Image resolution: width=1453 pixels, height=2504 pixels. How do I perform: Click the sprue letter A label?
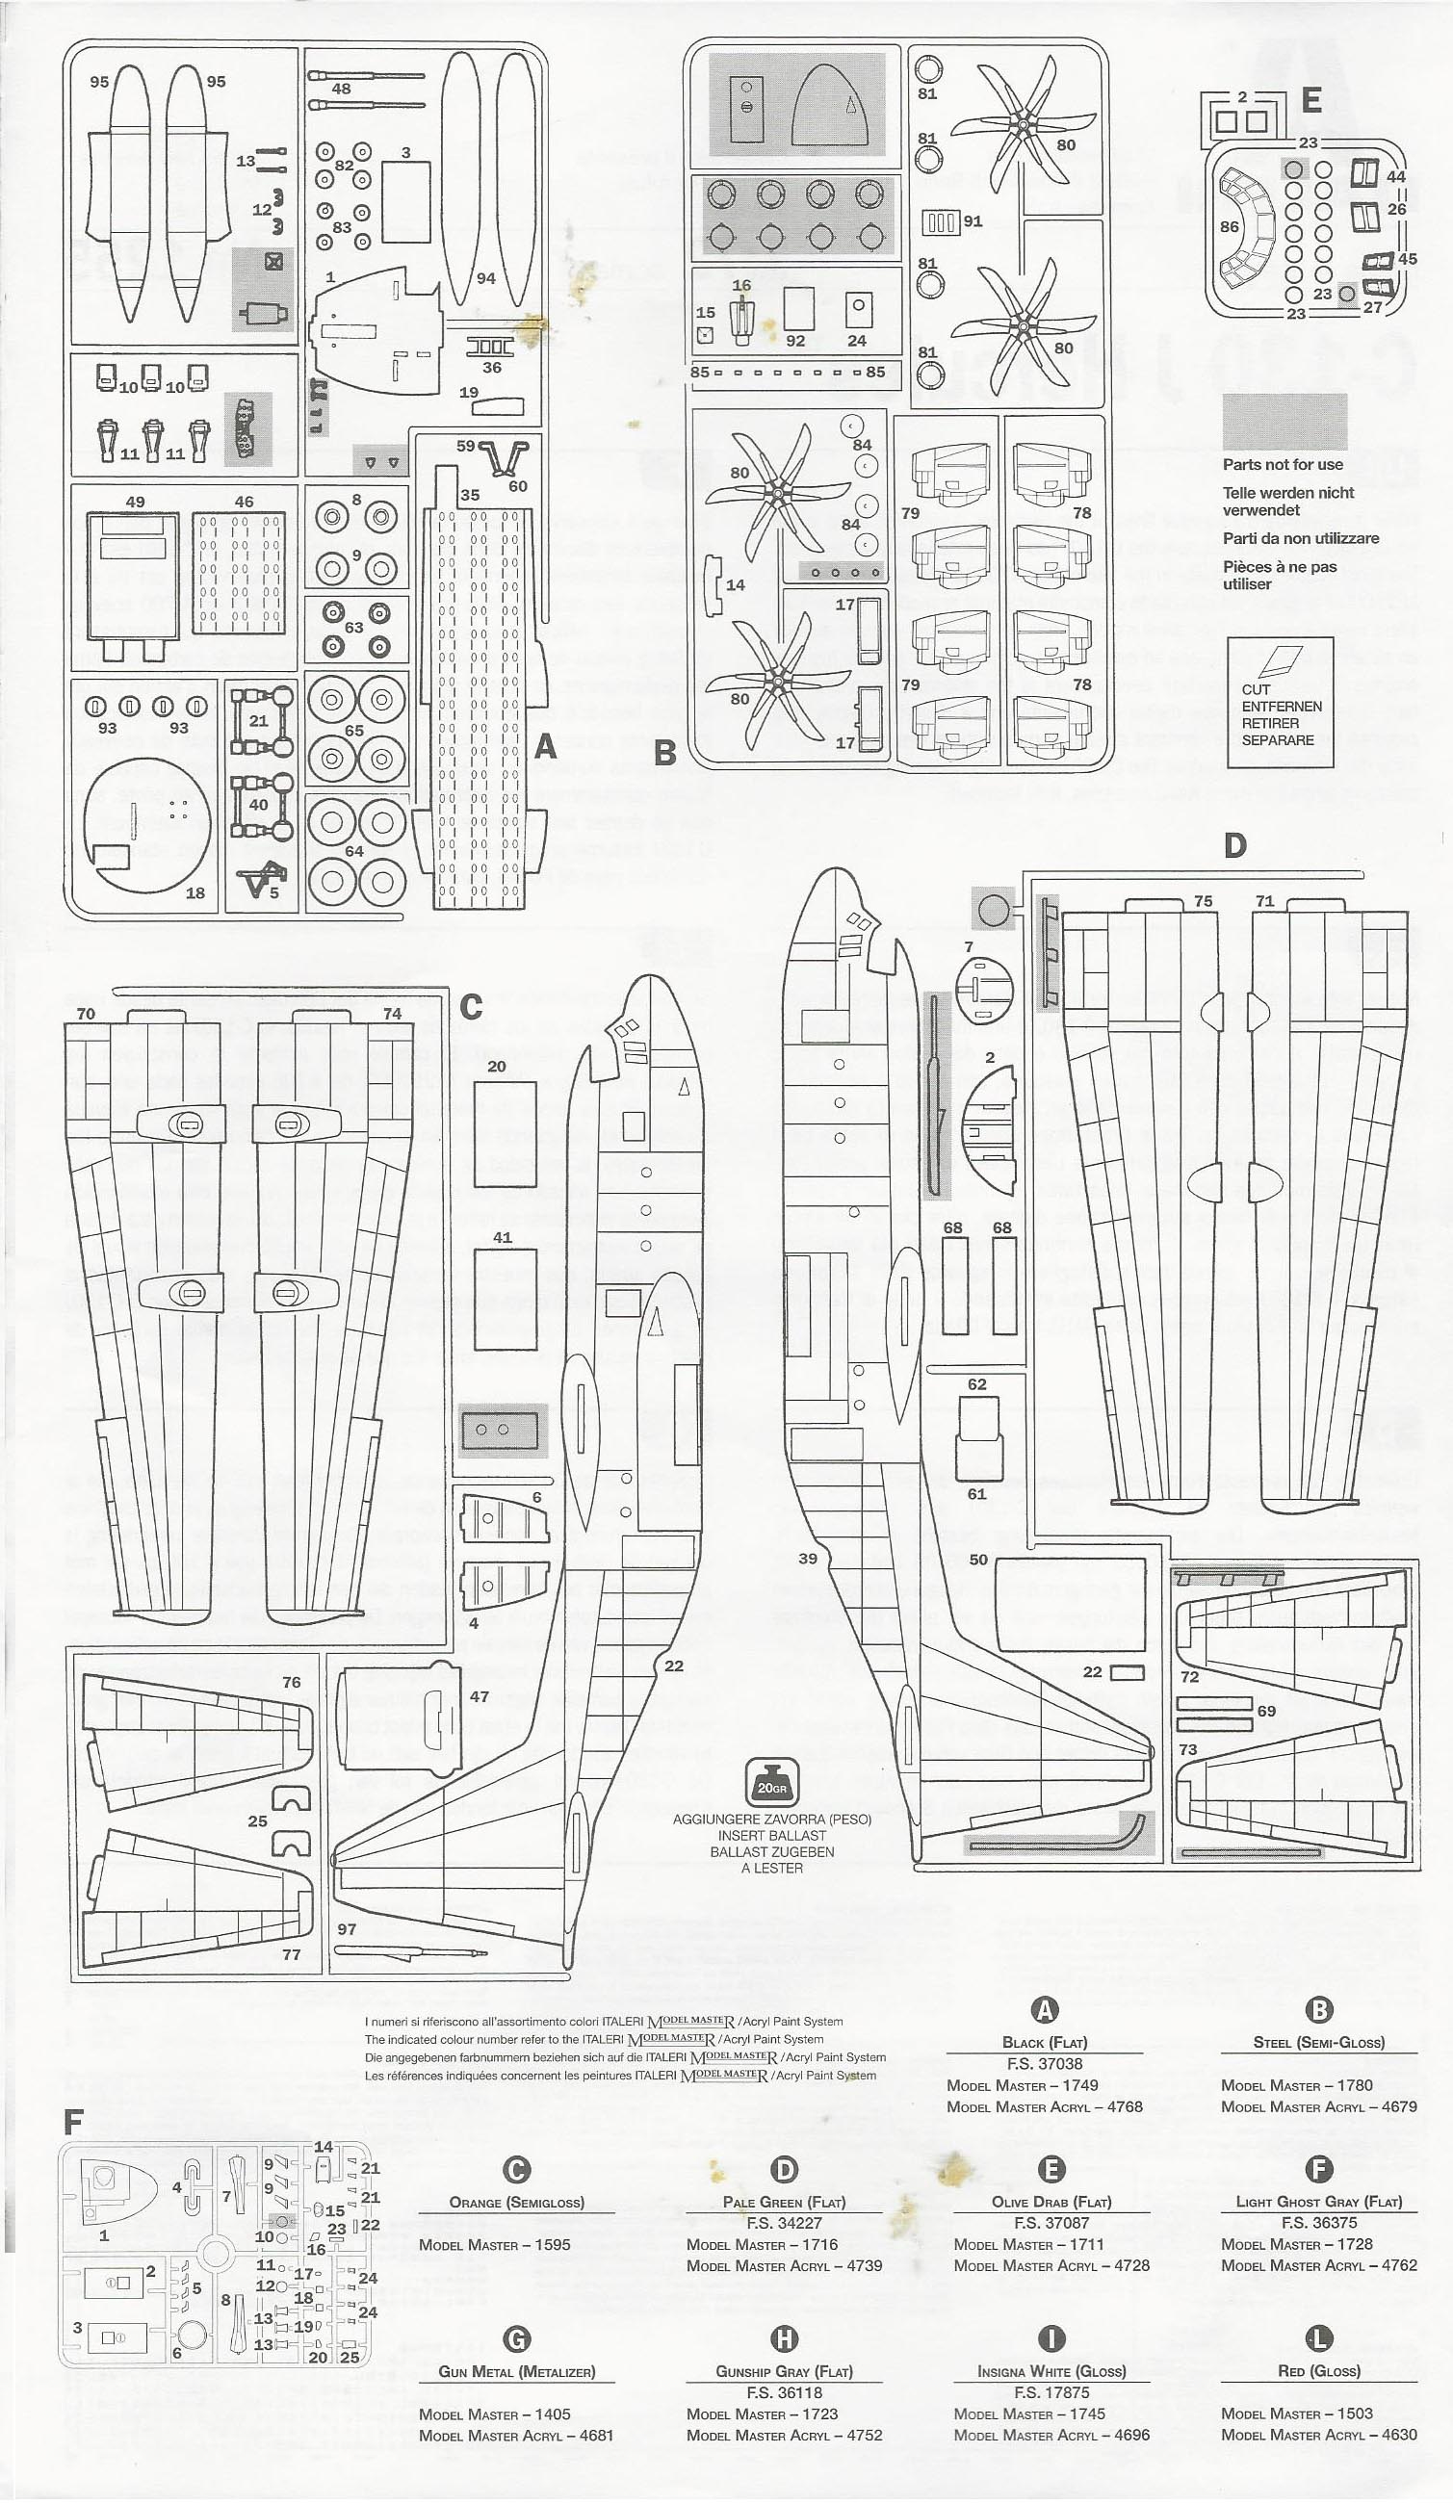[x=545, y=746]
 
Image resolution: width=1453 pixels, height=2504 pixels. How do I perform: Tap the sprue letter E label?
[x=1310, y=100]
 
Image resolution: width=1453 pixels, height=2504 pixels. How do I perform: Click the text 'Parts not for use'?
[x=1282, y=464]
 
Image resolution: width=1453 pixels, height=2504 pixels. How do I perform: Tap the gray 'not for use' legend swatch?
[x=1284, y=422]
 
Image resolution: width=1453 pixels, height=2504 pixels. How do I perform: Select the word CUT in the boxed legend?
[x=1257, y=688]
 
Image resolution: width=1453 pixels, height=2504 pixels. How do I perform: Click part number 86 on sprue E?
[x=1230, y=226]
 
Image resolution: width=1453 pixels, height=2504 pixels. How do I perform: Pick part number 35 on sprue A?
[x=470, y=495]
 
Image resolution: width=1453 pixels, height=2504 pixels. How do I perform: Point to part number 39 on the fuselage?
[x=808, y=1558]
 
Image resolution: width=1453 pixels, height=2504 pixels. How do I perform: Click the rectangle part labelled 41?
[x=505, y=1297]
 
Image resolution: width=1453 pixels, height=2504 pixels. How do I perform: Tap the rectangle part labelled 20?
[x=505, y=1133]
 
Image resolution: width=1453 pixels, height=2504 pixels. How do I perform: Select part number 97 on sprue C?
[x=346, y=1928]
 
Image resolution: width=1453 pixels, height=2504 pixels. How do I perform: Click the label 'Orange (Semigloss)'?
[x=516, y=2202]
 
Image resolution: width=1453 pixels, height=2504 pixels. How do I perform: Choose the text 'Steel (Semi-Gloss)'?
[x=1318, y=2042]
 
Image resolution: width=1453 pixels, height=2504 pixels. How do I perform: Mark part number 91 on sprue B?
[x=972, y=221]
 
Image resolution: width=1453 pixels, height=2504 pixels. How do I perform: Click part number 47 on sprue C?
[x=479, y=1696]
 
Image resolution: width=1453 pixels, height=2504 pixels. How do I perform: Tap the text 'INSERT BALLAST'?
[x=771, y=1835]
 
